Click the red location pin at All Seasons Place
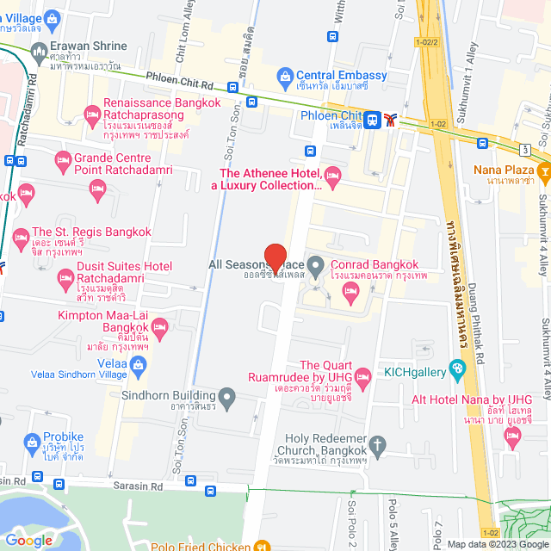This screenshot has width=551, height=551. [x=275, y=257]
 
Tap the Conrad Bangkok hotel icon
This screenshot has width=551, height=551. [x=350, y=294]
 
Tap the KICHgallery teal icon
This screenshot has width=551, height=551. [x=457, y=371]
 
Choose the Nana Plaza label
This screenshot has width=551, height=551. [x=505, y=169]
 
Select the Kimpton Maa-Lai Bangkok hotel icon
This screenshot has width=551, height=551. [x=159, y=326]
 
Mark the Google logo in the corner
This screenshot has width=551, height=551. [x=29, y=541]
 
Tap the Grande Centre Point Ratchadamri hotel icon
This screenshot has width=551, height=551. [x=62, y=160]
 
